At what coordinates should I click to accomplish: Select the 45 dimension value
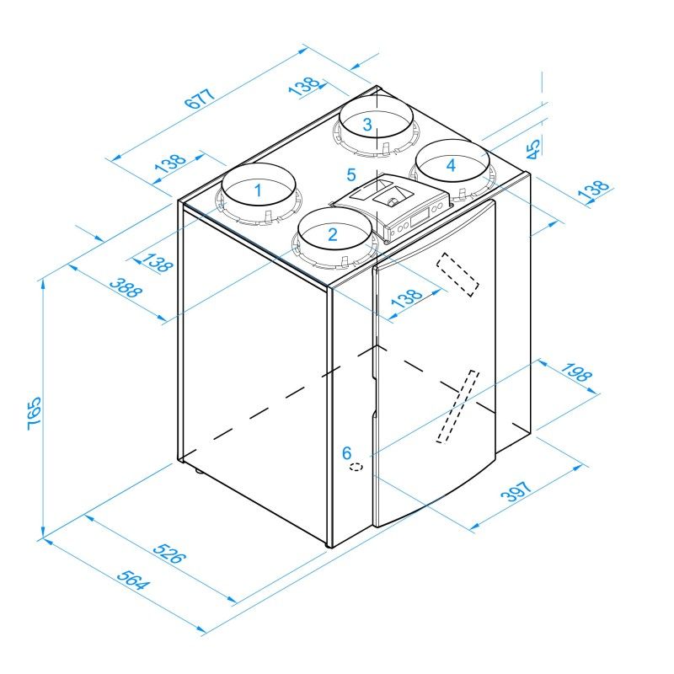click(533, 149)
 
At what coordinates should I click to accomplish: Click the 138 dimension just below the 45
click(593, 191)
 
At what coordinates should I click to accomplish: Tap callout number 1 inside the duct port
click(258, 190)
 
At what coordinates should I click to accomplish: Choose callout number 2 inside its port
click(333, 234)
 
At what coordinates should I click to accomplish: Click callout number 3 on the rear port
click(367, 124)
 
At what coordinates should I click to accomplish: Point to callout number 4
click(451, 165)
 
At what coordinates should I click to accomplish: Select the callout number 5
click(352, 176)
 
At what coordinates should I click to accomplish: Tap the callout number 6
click(346, 452)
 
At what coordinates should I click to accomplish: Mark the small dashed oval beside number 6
click(357, 466)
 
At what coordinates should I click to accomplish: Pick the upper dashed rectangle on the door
click(457, 274)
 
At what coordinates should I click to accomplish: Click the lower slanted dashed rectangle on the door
click(457, 406)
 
